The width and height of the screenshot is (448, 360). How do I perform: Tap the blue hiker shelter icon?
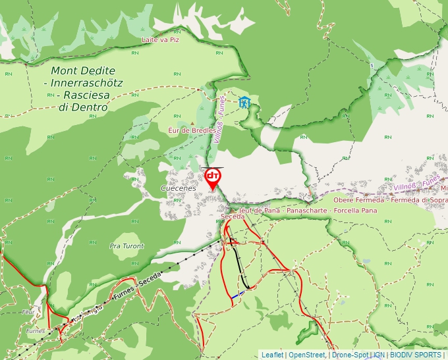[x=244, y=102]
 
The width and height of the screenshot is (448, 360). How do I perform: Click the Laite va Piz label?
[x=161, y=39]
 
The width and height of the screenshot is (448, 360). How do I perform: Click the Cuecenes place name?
[x=178, y=188]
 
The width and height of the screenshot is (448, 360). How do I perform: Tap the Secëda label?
[x=233, y=217]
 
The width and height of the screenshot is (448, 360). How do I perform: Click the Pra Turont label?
[x=126, y=246]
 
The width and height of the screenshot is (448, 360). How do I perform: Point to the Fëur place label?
[x=27, y=311]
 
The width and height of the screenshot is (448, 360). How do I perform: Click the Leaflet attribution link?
[x=272, y=355]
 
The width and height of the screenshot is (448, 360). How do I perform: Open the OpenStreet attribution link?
[x=306, y=355]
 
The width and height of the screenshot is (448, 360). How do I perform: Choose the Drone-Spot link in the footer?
[x=350, y=355]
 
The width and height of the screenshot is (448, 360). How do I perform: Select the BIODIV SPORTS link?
[x=415, y=355]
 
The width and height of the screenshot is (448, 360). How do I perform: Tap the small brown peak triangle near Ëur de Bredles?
[x=192, y=123]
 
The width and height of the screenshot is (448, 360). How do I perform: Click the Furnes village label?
[x=35, y=331]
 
